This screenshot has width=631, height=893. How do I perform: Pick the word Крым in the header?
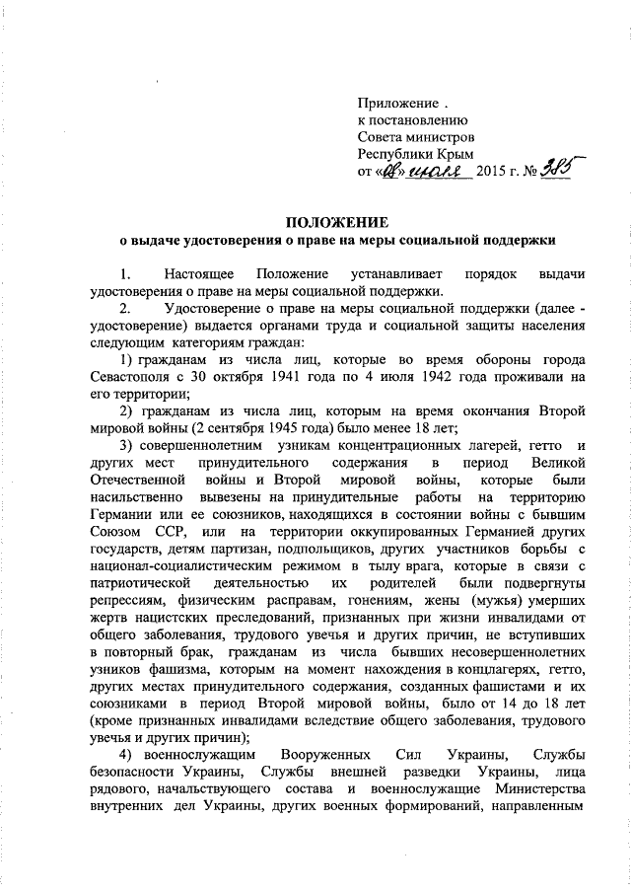455,155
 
